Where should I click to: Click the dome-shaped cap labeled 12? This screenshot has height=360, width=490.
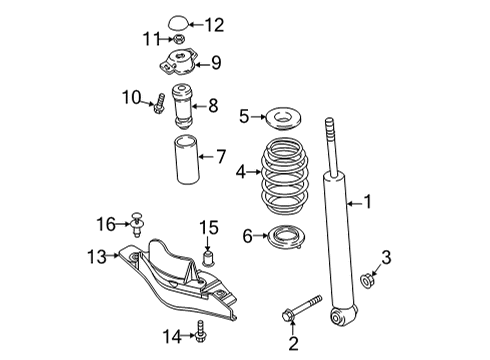click(177, 23)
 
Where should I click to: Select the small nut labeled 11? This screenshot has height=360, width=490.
click(179, 39)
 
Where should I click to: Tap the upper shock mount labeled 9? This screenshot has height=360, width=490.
click(176, 62)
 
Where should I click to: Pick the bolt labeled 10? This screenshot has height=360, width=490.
click(159, 103)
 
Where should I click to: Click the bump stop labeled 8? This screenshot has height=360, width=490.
click(182, 108)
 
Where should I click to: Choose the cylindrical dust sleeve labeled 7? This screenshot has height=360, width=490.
click(187, 159)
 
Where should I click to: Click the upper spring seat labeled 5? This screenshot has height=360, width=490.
click(284, 118)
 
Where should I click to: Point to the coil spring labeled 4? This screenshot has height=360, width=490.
click(284, 175)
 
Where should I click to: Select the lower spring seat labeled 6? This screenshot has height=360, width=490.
click(287, 237)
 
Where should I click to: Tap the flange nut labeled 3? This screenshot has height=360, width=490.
click(367, 280)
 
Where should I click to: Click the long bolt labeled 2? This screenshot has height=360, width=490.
click(302, 308)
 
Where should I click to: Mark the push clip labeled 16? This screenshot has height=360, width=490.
click(137, 224)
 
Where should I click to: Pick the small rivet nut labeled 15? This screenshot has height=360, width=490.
click(208, 260)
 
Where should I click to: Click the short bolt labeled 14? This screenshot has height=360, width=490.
click(200, 331)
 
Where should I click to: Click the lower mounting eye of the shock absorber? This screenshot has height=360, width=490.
click(339, 316)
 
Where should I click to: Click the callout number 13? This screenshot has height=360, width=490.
click(97, 257)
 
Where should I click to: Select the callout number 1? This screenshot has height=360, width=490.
click(367, 202)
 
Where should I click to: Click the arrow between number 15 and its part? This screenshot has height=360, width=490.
click(208, 244)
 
